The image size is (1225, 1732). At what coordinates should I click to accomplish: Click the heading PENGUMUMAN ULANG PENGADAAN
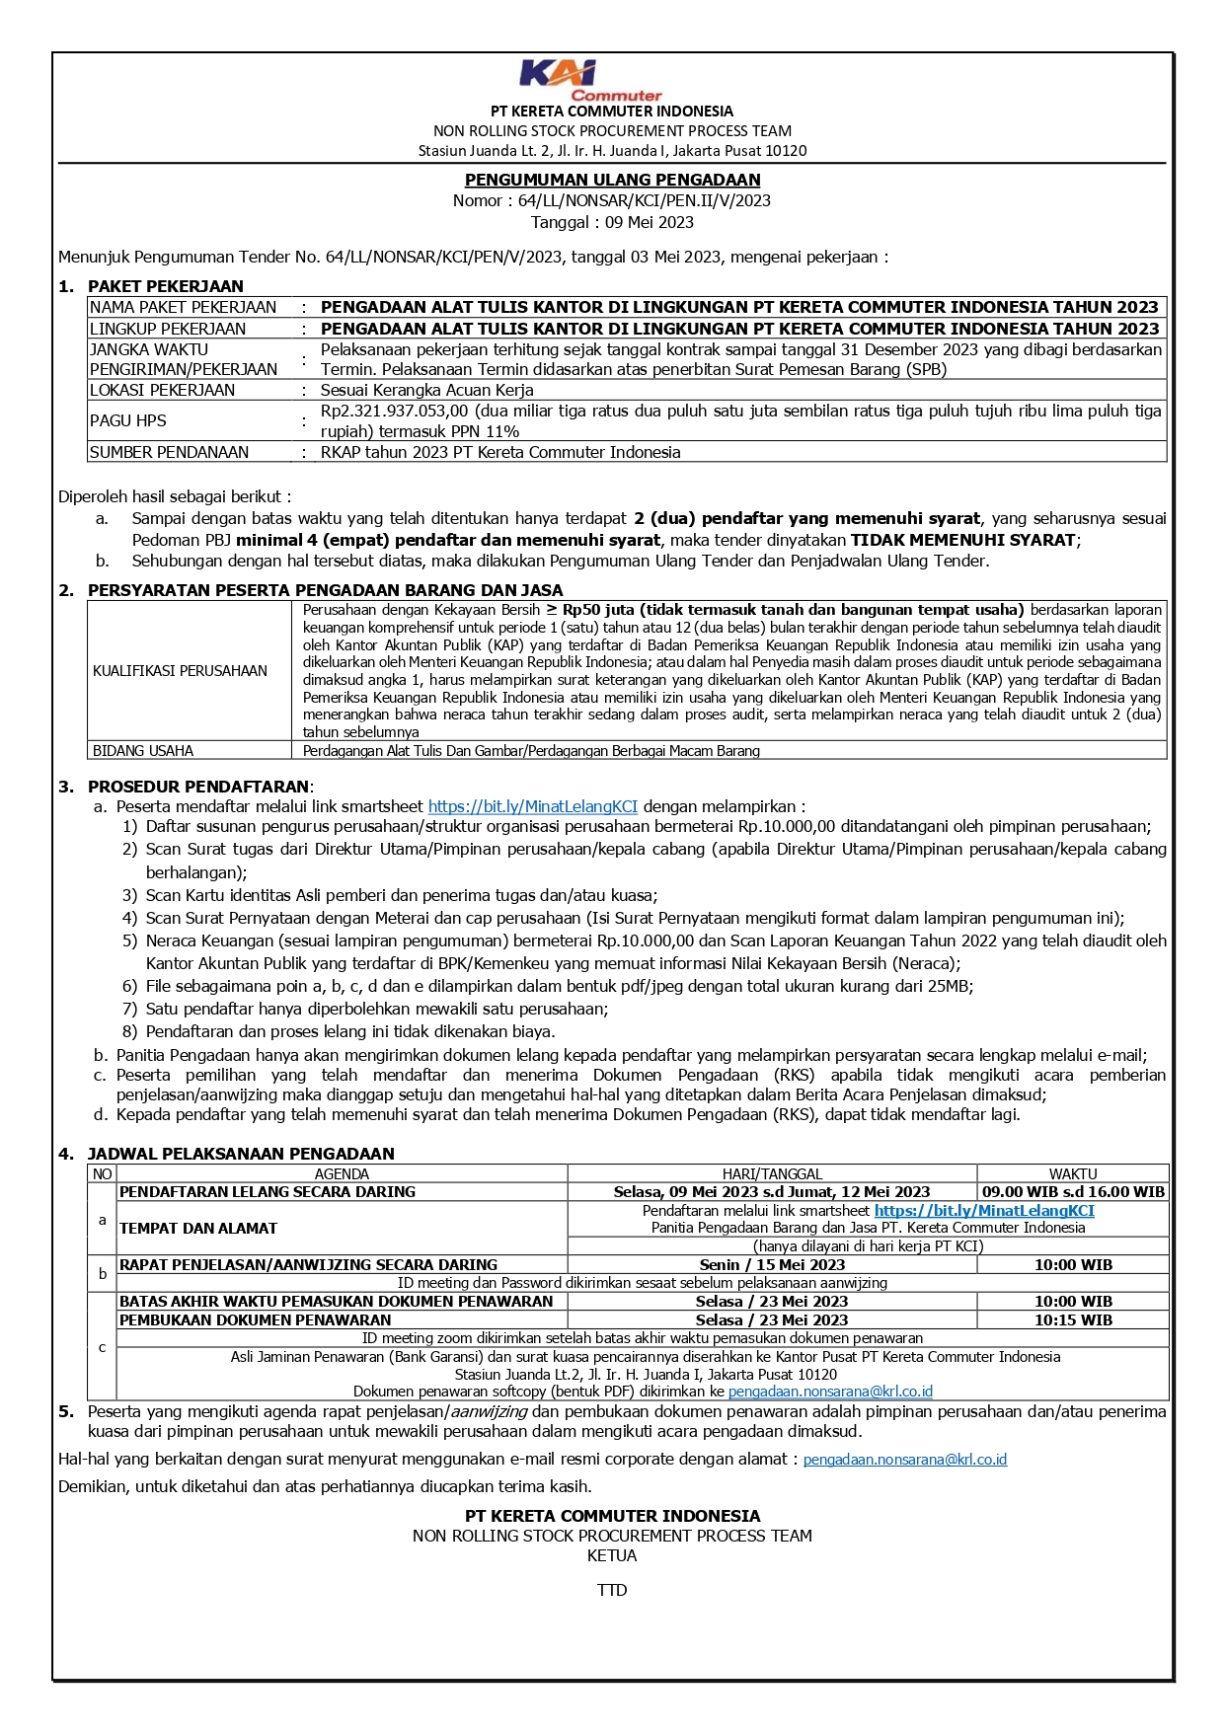[x=612, y=180]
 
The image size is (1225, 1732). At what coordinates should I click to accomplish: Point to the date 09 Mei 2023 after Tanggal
[x=649, y=222]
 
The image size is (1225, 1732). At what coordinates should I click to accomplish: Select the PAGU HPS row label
[x=128, y=420]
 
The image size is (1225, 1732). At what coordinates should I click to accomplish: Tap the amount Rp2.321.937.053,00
[x=394, y=411]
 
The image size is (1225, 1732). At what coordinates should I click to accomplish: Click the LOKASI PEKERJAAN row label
[x=162, y=390]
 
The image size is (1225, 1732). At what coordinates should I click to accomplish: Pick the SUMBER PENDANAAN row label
[x=169, y=452]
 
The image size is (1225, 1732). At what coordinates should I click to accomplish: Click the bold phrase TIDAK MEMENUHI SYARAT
[x=963, y=540]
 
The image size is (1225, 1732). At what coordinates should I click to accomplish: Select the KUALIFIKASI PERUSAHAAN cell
[x=180, y=671]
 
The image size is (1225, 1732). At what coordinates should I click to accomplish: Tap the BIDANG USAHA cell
[x=143, y=751]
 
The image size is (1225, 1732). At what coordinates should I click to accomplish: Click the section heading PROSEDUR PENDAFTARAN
[x=198, y=787]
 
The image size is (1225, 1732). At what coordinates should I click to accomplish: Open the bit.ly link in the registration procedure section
[x=533, y=806]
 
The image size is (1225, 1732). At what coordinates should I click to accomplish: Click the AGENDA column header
[x=342, y=1173]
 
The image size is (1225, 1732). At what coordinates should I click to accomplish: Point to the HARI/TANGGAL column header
[x=772, y=1173]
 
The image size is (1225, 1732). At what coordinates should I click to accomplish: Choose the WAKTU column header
[x=1073, y=1173]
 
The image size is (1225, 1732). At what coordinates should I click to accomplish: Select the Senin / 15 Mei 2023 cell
[x=772, y=1265]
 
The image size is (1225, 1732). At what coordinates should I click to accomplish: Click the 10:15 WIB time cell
[x=1073, y=1320]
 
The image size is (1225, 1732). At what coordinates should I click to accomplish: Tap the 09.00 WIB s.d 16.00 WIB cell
[x=1073, y=1192]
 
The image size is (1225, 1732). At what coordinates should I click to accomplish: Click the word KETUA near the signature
[x=612, y=1555]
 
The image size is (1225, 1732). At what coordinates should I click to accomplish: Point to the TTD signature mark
[x=612, y=1590]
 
